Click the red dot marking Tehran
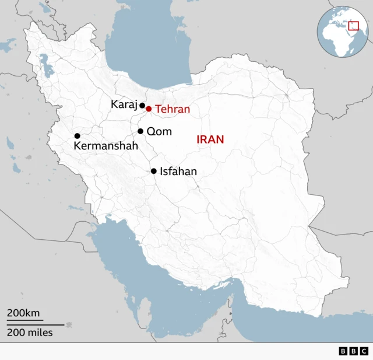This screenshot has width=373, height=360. [149, 109]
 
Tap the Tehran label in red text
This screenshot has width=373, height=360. [173, 109]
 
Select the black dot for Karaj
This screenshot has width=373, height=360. [142, 106]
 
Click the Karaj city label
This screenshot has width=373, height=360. [124, 104]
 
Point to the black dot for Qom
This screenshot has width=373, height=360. [140, 131]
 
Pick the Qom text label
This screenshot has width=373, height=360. [159, 131]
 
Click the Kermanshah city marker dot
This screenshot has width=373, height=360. [77, 136]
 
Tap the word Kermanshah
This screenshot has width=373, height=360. [106, 146]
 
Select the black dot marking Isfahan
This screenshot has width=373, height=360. [154, 171]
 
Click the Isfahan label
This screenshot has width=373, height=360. [178, 172]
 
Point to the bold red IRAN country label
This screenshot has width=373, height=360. [210, 139]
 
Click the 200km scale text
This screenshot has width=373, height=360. [23, 313]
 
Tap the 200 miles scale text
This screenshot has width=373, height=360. [30, 333]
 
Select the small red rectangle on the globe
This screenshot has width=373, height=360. [353, 25]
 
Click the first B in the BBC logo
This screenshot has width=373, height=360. [343, 351]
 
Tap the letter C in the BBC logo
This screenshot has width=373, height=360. [364, 351]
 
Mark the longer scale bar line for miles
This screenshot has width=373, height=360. [35, 324]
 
